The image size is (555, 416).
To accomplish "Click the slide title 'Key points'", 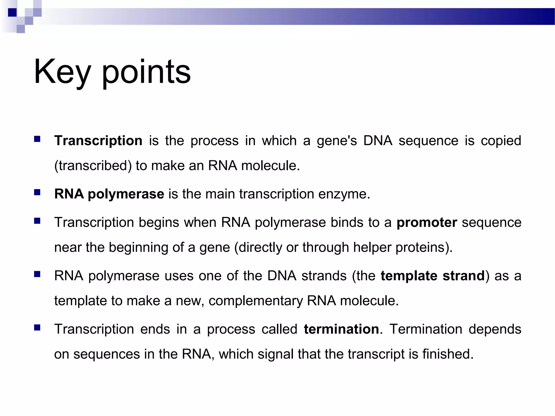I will pos(112,72).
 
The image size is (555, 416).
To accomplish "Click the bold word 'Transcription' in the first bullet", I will pos(98,141).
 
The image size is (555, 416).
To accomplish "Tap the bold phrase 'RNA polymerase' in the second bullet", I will pos(109,194).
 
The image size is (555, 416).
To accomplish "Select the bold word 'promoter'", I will pos(427,223).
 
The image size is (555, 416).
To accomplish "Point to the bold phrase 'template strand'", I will pos(433,276).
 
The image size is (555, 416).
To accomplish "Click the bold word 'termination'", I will pos(341,329).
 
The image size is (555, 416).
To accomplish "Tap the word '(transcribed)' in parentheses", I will pos(93,166).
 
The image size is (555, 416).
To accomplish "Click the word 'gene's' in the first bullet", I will pos(337,141).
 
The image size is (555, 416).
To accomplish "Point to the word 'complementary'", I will pos(256,301).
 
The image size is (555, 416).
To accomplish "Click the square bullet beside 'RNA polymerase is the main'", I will pos(37,193).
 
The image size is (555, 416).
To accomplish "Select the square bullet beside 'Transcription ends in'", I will pos(37,328).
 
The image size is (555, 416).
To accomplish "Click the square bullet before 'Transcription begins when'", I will pos(37,221).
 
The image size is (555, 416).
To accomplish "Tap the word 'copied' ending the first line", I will pos(501,141).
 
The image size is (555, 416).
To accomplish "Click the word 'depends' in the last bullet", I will pos(495,329).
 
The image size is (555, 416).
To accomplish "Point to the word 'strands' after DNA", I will pos(324,276).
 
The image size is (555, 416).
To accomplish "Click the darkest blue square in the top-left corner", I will pos(12,12).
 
